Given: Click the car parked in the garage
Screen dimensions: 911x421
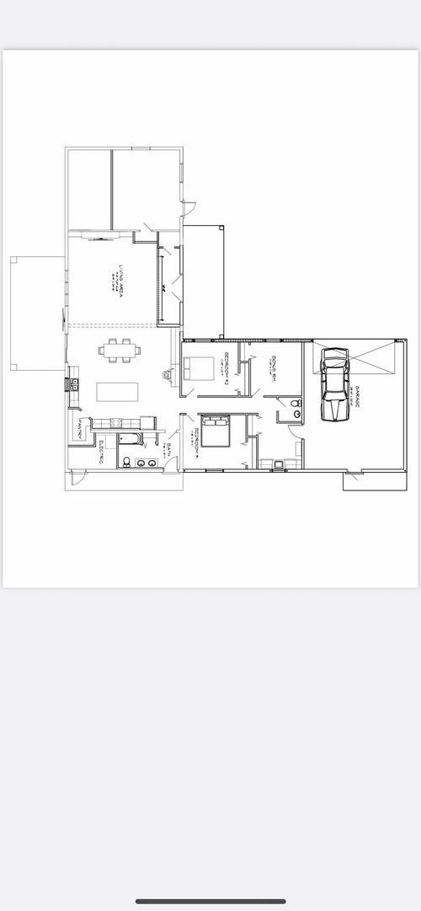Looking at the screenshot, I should click(334, 385).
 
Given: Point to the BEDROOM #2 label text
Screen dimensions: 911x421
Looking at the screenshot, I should click(226, 367).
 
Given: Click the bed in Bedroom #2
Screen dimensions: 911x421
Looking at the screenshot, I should click(200, 369).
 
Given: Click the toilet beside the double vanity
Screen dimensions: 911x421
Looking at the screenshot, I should click(125, 462).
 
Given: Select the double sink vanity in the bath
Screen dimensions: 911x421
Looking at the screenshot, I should click(147, 463).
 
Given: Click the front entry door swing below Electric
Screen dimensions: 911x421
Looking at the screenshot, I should click(76, 477).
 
